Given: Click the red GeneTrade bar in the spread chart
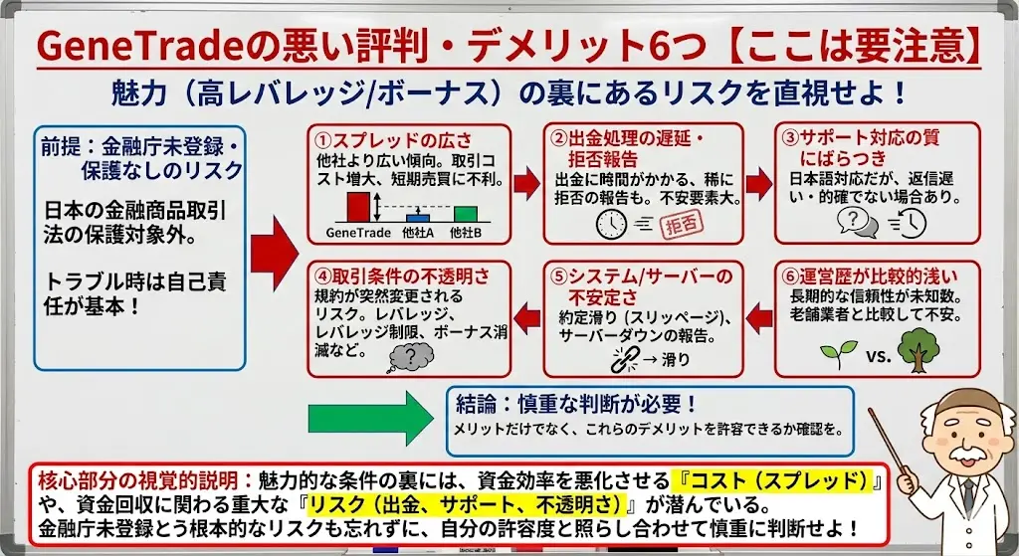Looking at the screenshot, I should coord(358,207).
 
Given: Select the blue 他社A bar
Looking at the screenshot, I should coord(419,216).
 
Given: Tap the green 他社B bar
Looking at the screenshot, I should coord(465,213).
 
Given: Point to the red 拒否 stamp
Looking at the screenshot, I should coord(682,225).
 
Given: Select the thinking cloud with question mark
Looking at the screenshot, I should coord(410,353).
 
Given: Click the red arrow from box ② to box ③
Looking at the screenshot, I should coord(758,179).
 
